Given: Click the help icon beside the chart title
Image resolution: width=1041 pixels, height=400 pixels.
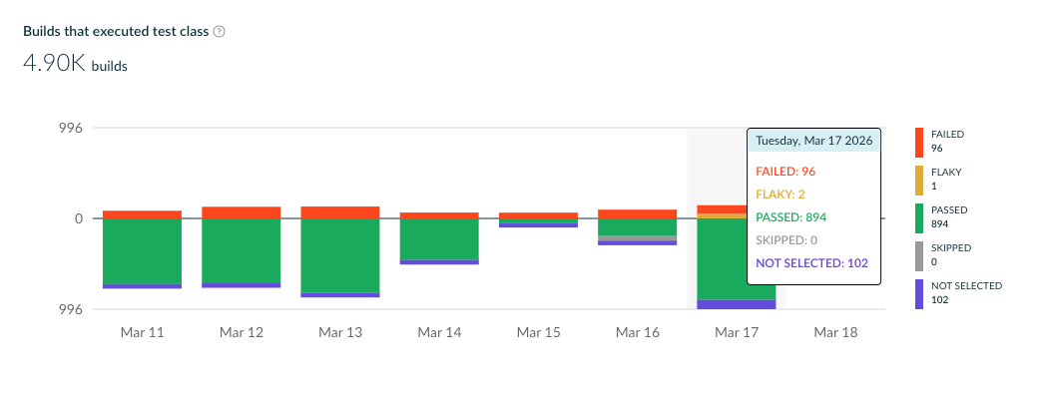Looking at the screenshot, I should (220, 31).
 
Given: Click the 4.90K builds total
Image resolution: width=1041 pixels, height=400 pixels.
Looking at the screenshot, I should (75, 65).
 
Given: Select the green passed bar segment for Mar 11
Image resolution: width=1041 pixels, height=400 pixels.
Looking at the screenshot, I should (142, 250).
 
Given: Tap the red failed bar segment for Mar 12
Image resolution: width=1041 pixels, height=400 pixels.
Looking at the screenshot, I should (241, 212).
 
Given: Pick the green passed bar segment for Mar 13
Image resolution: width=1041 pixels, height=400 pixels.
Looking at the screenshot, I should (339, 255).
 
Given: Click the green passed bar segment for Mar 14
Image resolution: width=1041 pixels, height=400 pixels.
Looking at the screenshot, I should (438, 238).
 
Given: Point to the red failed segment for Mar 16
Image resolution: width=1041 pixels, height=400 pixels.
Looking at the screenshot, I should (637, 213).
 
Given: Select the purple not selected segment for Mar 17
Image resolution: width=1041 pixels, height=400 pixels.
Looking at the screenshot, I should (736, 304).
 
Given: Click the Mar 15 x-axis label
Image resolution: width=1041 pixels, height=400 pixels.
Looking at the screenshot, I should (538, 332).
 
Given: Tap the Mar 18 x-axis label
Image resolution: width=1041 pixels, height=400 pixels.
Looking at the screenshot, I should (835, 332).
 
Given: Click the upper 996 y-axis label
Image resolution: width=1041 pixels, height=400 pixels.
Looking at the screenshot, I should (72, 128).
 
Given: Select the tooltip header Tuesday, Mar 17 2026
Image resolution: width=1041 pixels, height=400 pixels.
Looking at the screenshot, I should (813, 141).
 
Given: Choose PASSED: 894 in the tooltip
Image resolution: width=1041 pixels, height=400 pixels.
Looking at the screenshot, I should (791, 216).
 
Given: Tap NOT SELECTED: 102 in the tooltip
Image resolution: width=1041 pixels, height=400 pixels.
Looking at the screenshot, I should (812, 262).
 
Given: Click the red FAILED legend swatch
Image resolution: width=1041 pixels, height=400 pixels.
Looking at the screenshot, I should (919, 143).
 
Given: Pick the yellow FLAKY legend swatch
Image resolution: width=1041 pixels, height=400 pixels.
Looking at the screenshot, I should (919, 181).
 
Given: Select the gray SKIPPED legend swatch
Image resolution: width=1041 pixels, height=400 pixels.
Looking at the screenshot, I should (919, 256).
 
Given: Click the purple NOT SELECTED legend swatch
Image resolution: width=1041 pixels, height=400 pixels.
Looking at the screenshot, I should (919, 294).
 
